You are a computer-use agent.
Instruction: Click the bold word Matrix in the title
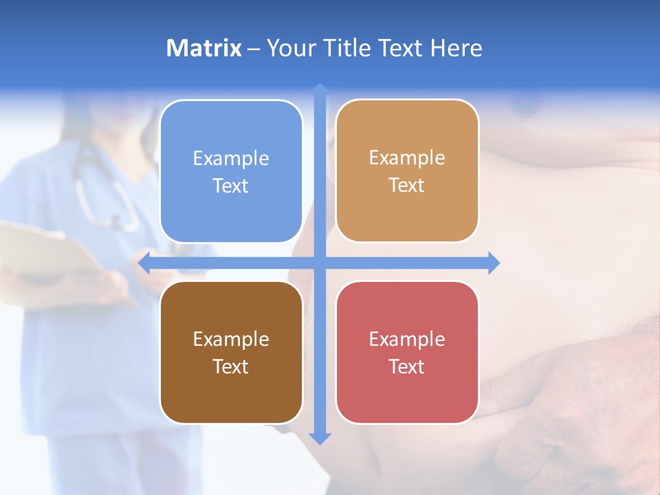point(204,48)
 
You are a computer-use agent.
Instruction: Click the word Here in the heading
point(456,48)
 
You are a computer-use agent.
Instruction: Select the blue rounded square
point(231,171)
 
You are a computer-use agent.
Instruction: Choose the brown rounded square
point(231,352)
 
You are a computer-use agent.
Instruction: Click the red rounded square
point(407,352)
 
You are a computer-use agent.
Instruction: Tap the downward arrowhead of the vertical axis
point(320,438)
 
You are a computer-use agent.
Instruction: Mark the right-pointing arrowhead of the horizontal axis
point(494,263)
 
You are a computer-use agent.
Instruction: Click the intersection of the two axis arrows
point(320,263)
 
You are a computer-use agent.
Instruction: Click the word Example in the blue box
point(231,159)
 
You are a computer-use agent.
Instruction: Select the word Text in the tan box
point(407,186)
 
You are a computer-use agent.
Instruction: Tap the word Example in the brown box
point(231,340)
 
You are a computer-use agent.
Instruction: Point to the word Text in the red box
point(407,367)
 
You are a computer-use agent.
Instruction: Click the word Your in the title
point(289,48)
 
